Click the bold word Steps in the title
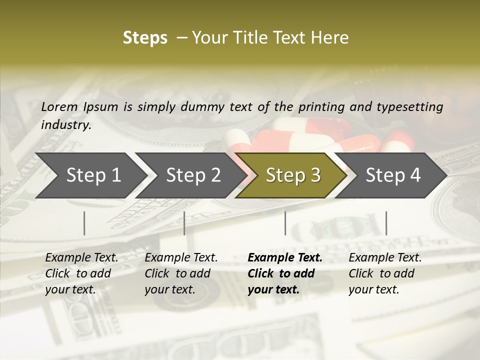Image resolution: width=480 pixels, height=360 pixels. (x=145, y=38)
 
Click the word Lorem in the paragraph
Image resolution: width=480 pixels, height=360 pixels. (x=59, y=106)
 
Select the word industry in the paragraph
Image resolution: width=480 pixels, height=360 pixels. (x=66, y=125)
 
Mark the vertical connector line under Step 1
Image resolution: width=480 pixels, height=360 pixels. (x=84, y=223)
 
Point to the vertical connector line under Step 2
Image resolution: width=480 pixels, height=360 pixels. (x=184, y=223)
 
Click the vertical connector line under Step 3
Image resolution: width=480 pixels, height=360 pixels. (x=285, y=223)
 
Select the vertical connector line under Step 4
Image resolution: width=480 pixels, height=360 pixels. (x=386, y=223)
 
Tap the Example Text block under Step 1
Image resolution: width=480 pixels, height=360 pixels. (x=81, y=273)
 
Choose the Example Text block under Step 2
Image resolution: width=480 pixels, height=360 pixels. (x=181, y=273)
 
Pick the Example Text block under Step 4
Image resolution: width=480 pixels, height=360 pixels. (x=385, y=273)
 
